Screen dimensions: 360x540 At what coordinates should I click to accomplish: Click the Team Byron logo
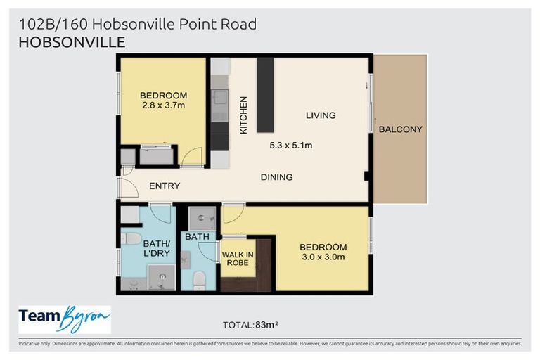65,319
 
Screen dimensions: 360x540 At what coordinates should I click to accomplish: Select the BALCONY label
400,129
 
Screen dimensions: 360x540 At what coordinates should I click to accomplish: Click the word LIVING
321,115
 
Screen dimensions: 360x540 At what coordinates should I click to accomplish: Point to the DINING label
276,177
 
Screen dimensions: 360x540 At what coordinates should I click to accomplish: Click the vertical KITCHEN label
244,115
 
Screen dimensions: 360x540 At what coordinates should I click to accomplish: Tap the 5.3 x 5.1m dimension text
290,146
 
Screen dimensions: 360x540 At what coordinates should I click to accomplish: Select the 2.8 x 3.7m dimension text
162,106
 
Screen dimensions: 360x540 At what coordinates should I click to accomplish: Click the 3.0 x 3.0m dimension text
323,257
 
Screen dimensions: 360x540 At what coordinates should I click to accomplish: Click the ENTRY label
165,186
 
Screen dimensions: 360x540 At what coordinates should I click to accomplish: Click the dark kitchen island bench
265,95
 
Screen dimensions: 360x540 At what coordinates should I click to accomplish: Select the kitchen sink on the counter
220,98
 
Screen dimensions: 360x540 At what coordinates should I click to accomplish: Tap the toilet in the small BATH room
199,279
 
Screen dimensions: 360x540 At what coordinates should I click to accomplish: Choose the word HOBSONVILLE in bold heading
71,42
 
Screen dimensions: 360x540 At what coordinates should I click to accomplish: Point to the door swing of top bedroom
191,156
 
